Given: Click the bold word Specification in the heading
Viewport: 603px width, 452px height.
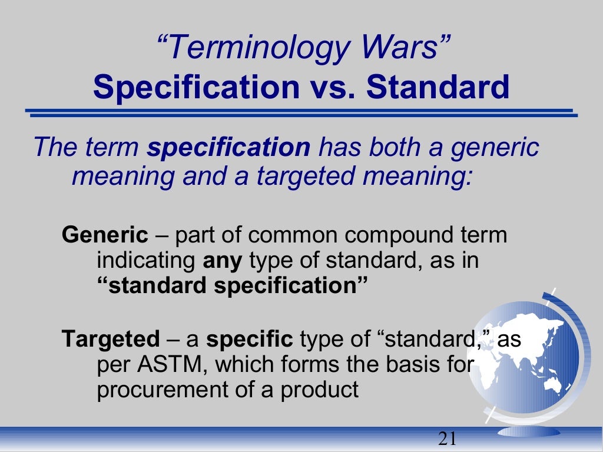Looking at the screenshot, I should tap(196, 87).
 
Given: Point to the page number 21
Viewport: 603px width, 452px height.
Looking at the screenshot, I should tap(448, 438).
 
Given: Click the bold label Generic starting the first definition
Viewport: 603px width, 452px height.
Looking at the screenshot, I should tap(105, 235).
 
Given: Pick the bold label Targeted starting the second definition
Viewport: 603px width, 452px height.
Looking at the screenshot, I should tap(111, 340).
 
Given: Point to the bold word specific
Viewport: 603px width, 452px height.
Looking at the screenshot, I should tap(249, 340).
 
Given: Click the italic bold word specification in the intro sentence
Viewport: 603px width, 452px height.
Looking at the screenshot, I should tap(228, 147).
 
